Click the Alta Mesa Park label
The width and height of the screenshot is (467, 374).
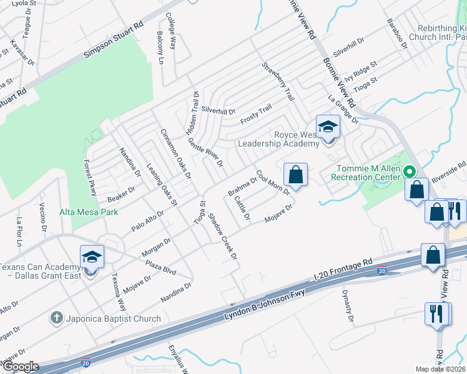[89, 212]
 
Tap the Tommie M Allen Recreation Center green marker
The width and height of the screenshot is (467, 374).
[410, 170]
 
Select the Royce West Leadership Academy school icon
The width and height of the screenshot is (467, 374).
[327, 128]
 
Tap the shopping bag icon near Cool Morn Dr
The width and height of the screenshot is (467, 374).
[297, 175]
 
